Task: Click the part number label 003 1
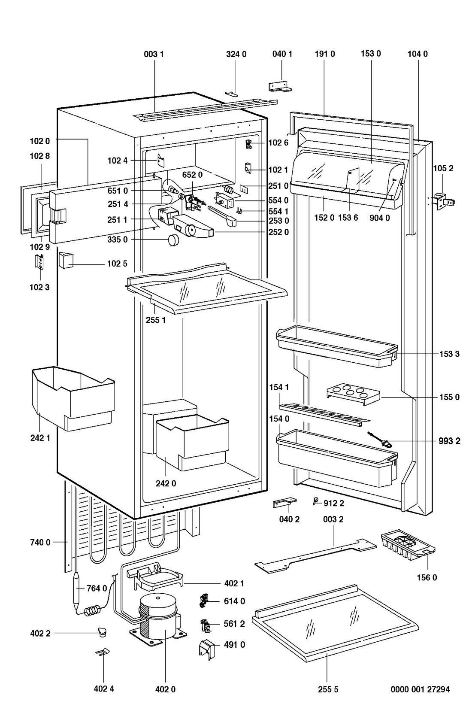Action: click(x=154, y=54)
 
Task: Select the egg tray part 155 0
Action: click(x=354, y=394)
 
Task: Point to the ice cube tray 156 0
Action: click(x=408, y=545)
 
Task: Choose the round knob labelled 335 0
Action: click(x=173, y=240)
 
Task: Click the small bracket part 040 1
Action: click(x=278, y=86)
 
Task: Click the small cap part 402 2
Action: click(x=102, y=632)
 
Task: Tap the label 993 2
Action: click(x=449, y=441)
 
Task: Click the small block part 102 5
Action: click(x=66, y=260)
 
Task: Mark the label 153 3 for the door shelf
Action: click(x=449, y=354)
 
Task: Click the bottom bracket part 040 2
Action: click(x=284, y=503)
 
